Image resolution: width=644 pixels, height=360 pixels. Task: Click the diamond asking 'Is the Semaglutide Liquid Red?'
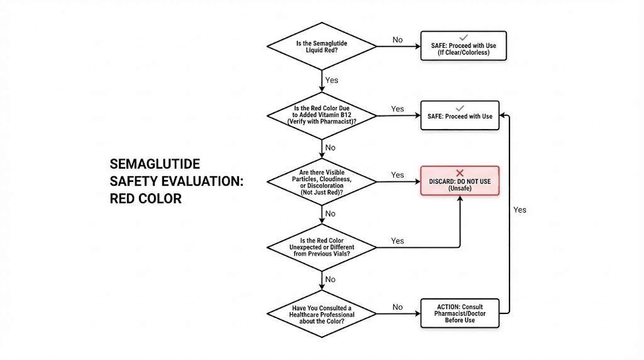click(x=322, y=47)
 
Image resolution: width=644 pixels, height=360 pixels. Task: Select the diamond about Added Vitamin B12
click(x=322, y=116)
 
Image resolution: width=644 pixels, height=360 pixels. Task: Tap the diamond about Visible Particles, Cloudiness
click(x=322, y=182)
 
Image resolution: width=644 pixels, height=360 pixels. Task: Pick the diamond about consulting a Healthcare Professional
click(x=322, y=313)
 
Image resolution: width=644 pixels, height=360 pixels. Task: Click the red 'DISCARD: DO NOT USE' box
click(x=460, y=181)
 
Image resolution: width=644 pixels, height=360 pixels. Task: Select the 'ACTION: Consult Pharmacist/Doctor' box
click(x=460, y=313)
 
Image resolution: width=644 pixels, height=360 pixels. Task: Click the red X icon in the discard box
click(x=460, y=172)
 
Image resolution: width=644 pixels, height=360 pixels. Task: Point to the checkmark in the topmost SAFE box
click(x=464, y=38)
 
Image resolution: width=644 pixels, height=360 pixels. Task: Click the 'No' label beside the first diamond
click(x=397, y=40)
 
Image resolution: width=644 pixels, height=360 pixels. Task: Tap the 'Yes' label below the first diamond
click(x=331, y=81)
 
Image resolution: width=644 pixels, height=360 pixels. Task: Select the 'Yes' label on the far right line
click(x=519, y=210)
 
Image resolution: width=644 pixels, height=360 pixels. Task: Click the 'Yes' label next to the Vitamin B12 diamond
click(x=397, y=109)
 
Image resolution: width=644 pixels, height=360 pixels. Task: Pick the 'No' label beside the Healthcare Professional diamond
click(x=397, y=307)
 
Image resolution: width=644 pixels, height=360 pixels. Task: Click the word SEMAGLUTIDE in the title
click(x=155, y=164)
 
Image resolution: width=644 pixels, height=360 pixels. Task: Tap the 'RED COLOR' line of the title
click(x=145, y=199)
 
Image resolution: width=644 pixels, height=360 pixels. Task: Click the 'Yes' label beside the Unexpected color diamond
click(x=397, y=241)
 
